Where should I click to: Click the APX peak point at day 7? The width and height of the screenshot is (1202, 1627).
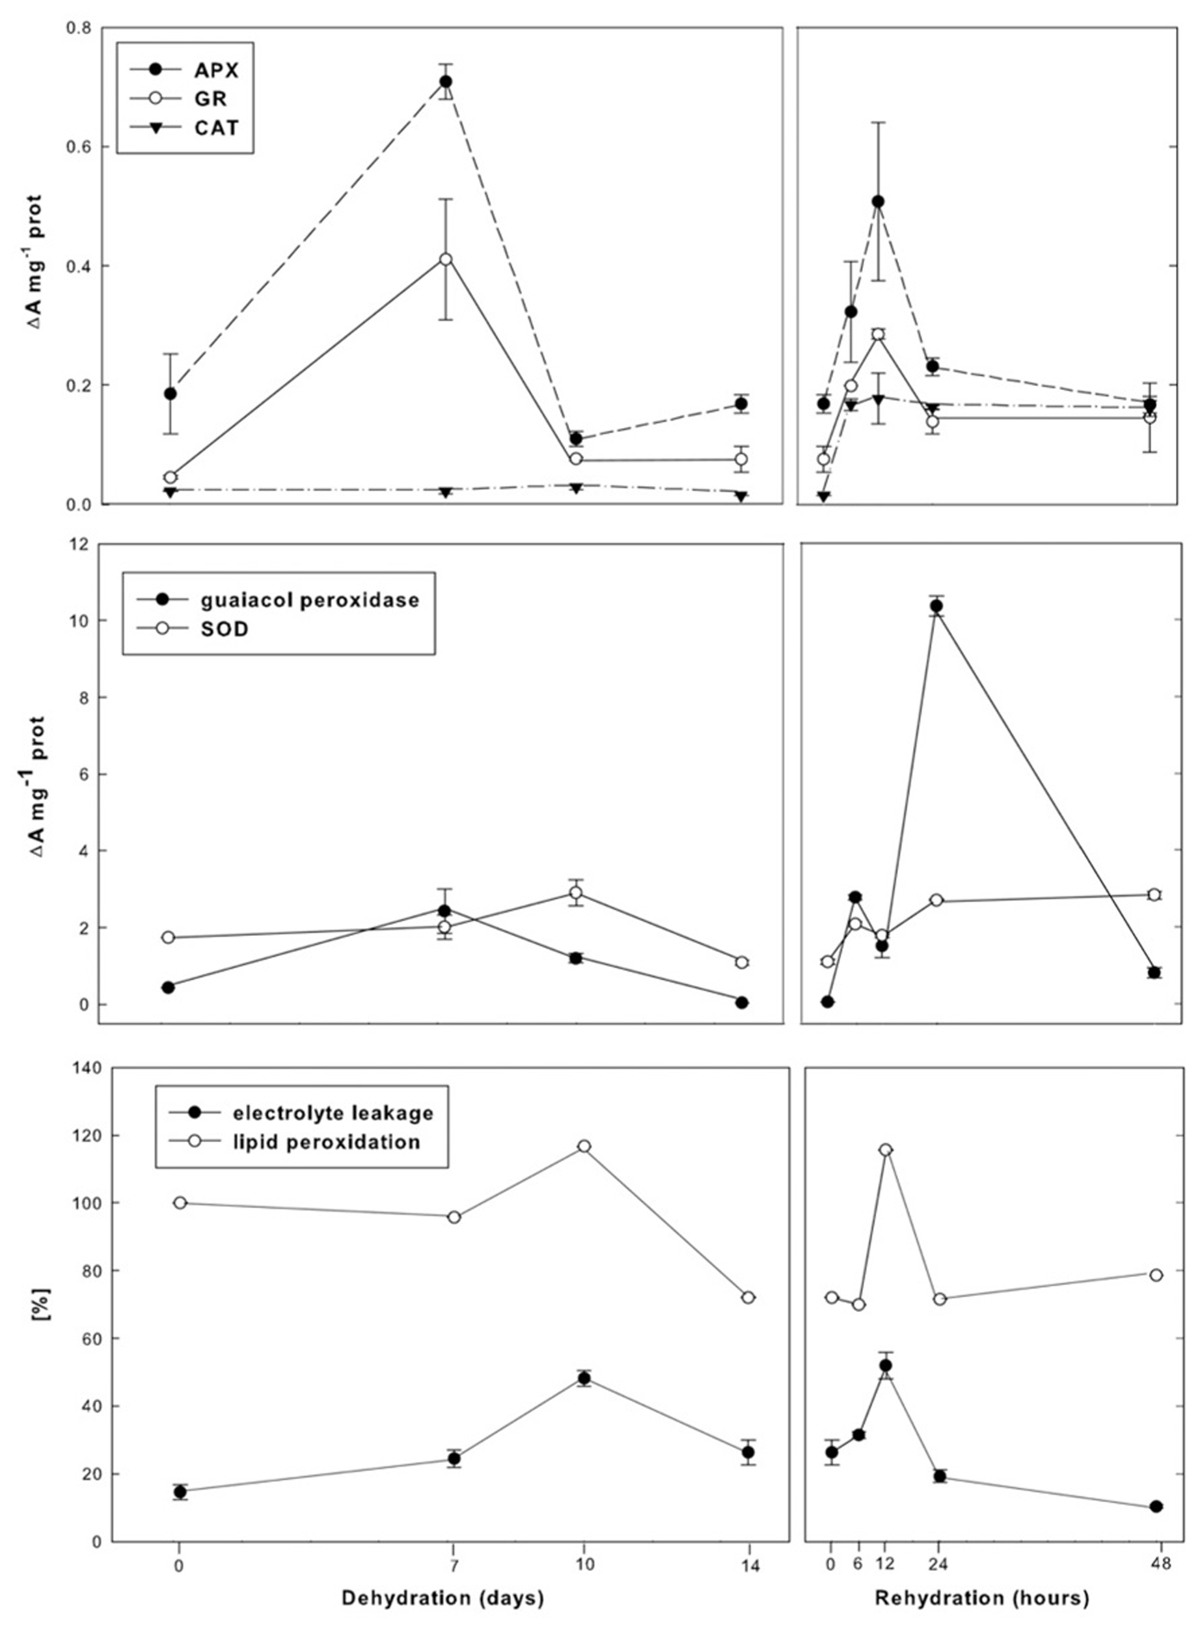[445, 81]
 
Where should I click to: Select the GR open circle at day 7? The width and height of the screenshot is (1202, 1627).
[445, 259]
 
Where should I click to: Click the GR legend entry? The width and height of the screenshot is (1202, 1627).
[211, 99]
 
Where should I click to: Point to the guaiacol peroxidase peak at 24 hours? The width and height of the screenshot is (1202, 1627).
[936, 606]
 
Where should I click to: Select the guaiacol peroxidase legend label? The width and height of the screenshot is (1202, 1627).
[310, 599]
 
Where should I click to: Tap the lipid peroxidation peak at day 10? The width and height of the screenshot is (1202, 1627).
[584, 1147]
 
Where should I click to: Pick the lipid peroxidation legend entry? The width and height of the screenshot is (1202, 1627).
[326, 1142]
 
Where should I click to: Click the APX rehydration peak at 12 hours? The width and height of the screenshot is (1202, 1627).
[877, 202]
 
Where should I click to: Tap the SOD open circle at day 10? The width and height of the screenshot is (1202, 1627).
[575, 893]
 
